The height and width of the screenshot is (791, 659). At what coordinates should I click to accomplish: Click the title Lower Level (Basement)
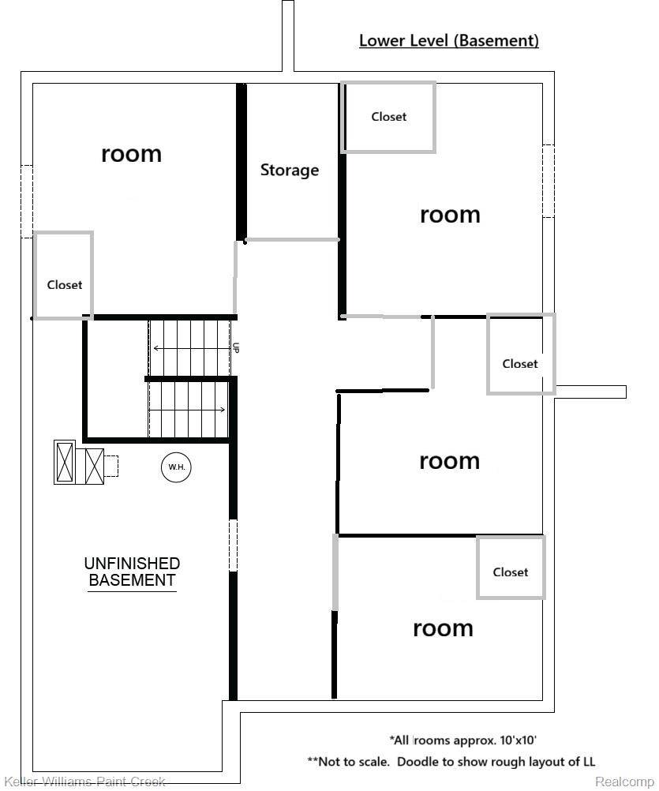(x=448, y=40)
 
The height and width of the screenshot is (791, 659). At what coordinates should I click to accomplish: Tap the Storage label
(x=290, y=170)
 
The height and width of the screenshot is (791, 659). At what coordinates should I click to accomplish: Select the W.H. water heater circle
(x=176, y=467)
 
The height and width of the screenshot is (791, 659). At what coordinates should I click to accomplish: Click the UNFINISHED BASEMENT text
(x=132, y=572)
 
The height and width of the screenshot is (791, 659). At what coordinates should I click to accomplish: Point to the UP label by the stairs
(x=235, y=347)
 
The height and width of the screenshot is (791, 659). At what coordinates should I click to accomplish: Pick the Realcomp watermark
(x=624, y=782)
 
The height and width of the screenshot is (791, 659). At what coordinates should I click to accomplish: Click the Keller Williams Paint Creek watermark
(x=84, y=782)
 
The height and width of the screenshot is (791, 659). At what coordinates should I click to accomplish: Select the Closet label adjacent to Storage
(x=389, y=117)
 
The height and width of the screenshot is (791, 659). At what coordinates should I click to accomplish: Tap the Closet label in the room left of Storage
(x=64, y=285)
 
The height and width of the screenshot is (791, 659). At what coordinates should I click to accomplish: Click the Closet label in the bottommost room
(x=510, y=572)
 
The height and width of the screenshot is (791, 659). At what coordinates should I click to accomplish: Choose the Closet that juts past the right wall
(x=520, y=364)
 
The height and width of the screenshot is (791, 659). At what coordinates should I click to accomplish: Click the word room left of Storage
(x=131, y=153)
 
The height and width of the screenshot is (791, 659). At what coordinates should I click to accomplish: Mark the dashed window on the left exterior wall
(x=26, y=201)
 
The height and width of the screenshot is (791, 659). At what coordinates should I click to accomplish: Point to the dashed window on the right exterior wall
(x=548, y=182)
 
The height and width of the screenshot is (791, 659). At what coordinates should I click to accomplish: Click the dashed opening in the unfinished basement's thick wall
(x=233, y=545)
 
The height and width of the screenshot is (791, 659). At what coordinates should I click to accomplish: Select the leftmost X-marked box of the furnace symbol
(x=65, y=463)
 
